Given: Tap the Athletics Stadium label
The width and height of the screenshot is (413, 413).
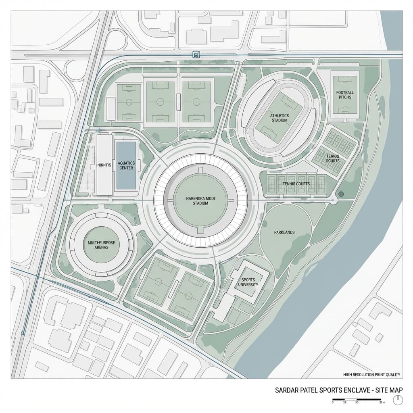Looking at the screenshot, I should point(280,118).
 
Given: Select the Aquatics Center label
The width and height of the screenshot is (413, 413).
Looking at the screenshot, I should point(126,165).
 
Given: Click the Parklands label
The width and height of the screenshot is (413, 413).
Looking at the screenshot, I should point(284,232).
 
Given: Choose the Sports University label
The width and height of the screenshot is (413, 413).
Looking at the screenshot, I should point(248,282).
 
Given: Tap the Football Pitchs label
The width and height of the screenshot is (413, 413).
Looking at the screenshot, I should point(345,95).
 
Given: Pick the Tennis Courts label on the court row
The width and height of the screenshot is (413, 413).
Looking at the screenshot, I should point(296,184).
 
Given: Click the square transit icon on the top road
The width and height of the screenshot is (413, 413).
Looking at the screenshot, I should point(196,54).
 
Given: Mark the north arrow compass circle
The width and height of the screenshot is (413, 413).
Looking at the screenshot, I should point(398,399).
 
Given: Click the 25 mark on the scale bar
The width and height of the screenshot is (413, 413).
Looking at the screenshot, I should point(345,403).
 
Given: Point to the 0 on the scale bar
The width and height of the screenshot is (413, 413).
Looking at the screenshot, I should point(333,403).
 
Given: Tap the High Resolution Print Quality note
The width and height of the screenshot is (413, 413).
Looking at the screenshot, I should point(371,375).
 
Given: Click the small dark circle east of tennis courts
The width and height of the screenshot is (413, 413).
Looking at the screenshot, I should point(341,194).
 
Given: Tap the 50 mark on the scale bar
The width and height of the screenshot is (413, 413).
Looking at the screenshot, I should point(357,403).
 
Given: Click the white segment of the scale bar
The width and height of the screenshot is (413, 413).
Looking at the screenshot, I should point(350,399).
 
